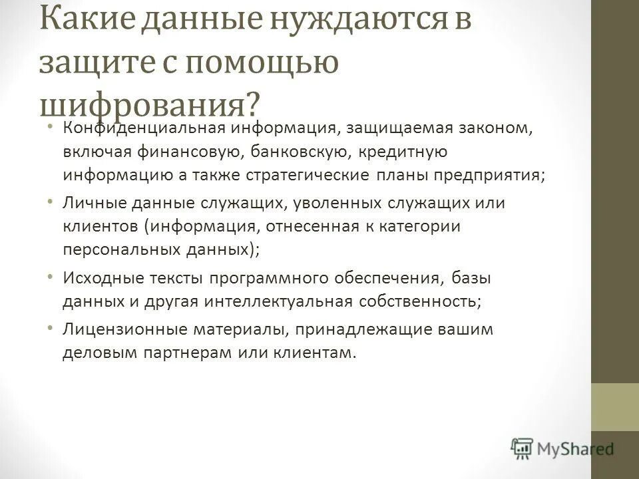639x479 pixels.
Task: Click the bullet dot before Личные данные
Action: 51,200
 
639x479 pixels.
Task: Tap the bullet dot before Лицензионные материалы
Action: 51,327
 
